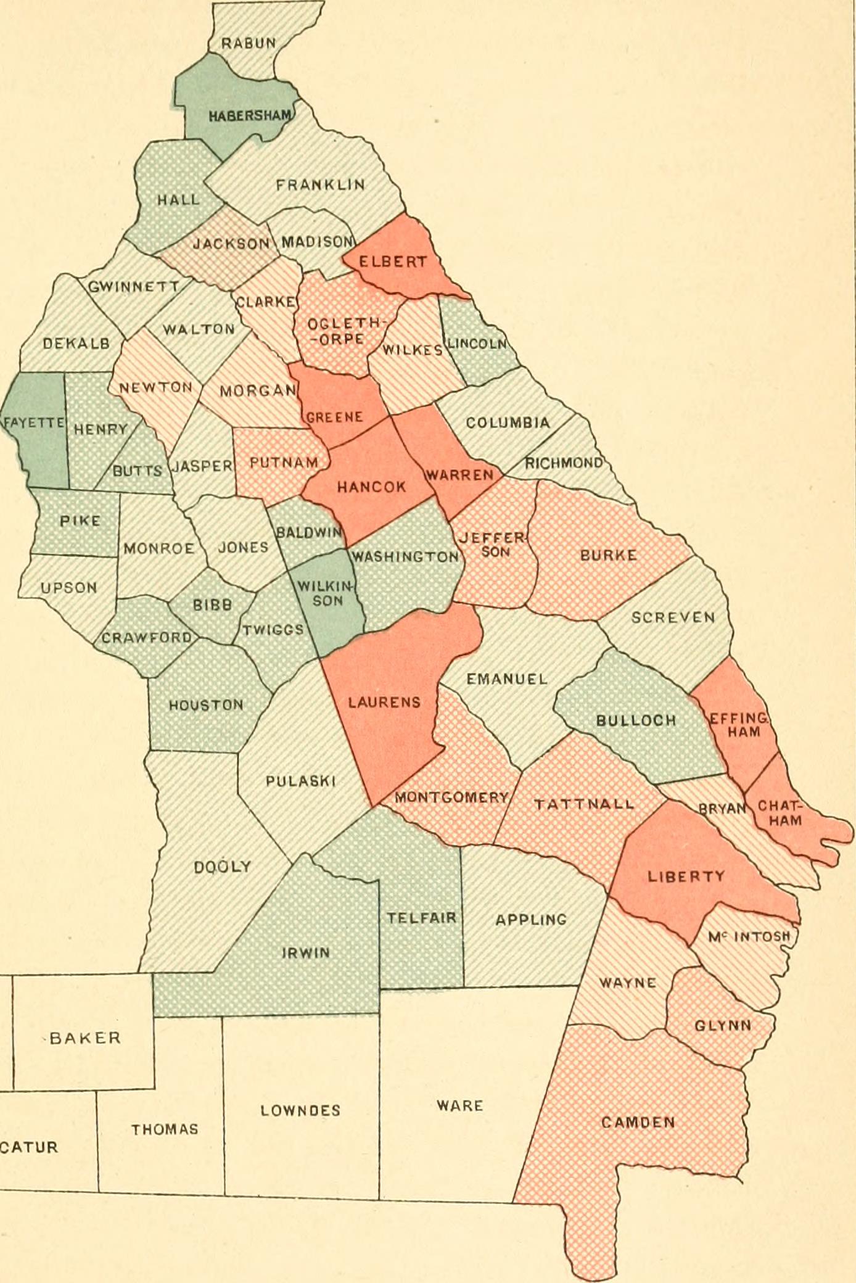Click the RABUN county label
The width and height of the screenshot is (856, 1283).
tap(249, 43)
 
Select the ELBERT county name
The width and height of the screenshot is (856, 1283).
tap(393, 262)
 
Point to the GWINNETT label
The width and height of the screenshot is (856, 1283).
tap(134, 287)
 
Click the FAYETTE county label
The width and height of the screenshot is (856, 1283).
tap(34, 423)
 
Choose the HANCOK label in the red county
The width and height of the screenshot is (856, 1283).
tap(371, 487)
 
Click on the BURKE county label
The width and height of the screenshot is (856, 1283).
tap(608, 555)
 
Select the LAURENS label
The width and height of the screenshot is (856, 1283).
tap(384, 702)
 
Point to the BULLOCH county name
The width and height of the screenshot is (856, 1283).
tap(636, 720)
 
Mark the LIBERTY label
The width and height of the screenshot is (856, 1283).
tap(686, 877)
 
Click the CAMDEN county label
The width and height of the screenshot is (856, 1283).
tap(638, 1122)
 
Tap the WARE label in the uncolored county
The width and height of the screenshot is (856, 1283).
tap(459, 1105)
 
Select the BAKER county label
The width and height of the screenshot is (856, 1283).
tap(84, 1038)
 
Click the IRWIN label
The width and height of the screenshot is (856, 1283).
tap(306, 953)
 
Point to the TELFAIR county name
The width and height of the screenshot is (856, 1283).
tap(422, 918)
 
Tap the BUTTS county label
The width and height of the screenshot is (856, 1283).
tap(138, 471)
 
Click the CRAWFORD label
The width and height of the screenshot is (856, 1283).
tap(147, 637)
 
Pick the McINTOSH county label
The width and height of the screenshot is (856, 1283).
tap(749, 936)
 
